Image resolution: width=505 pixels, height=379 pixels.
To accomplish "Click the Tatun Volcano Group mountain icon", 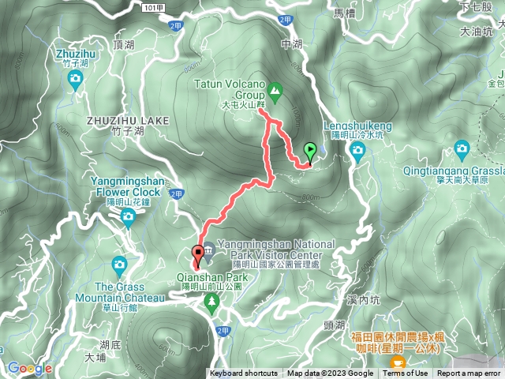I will [274, 92].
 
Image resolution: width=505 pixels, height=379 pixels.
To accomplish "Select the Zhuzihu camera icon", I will [75, 77].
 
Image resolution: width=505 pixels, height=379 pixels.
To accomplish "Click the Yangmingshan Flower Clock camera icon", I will [129, 214].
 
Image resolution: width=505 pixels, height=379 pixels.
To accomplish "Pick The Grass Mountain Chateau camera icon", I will [120, 263].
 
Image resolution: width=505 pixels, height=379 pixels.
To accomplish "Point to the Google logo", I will [29, 368].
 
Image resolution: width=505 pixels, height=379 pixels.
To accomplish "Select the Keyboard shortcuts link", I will [244, 373].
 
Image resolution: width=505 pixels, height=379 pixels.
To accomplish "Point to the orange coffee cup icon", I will [397, 361].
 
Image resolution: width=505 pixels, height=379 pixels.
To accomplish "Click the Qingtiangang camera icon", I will [462, 148].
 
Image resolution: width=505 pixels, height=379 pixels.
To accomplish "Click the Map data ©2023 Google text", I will [330, 373].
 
